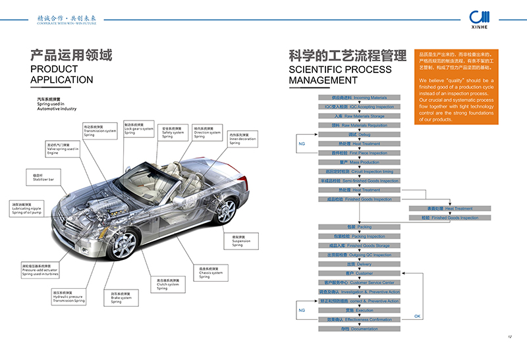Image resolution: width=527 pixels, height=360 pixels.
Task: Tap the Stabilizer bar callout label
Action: pyautogui.click(x=43, y=177)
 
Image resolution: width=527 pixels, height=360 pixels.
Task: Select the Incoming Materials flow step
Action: pyautogui.click(x=358, y=97)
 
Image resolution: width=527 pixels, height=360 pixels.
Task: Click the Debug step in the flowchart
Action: pyautogui.click(x=358, y=134)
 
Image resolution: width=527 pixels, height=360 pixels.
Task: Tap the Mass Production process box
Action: pyautogui.click(x=358, y=162)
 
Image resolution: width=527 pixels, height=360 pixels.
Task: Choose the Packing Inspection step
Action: pyautogui.click(x=358, y=236)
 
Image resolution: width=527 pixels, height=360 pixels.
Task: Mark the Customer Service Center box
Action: pyautogui.click(x=358, y=282)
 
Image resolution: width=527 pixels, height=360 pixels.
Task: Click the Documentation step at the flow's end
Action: pyautogui.click(x=358, y=328)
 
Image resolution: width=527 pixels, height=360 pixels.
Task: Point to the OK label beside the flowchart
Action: pyautogui.click(x=417, y=317)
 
